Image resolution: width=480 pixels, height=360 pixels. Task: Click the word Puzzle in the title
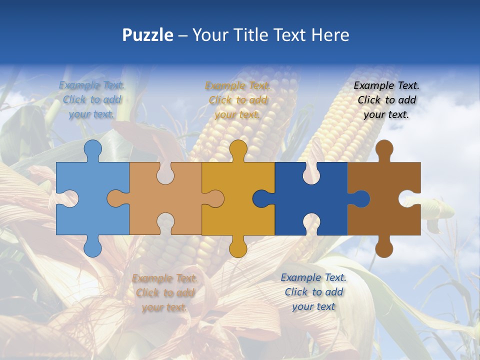click(148, 35)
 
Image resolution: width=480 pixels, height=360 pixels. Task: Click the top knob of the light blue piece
click(92, 149)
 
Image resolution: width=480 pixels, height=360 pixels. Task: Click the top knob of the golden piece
click(238, 149)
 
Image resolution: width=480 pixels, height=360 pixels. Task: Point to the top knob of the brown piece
click(384, 149)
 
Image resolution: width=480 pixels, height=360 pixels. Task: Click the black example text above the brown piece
click(386, 100)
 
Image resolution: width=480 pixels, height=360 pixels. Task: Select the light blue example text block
click(92, 99)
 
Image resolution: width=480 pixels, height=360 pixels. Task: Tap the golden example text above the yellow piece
click(237, 100)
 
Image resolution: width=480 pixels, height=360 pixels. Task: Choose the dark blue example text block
click(313, 292)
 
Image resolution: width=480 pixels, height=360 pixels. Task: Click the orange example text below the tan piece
click(164, 292)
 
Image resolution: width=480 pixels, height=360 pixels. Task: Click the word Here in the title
click(330, 35)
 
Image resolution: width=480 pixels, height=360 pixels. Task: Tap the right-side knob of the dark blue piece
click(362, 198)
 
